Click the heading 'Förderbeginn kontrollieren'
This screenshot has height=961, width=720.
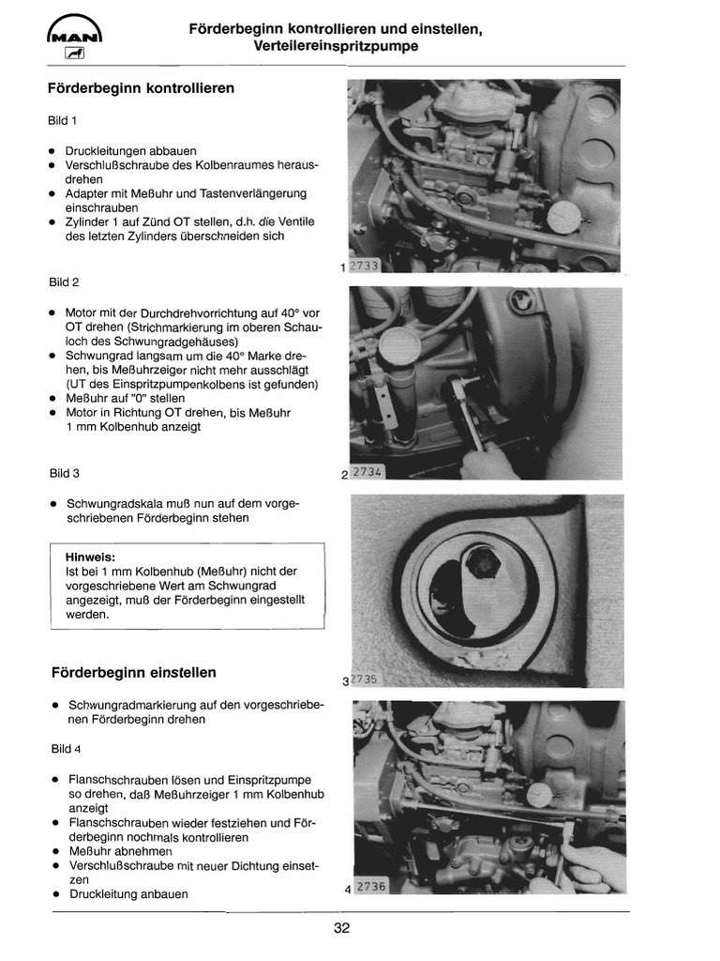pyautogui.click(x=141, y=88)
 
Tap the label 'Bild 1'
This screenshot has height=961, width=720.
pyautogui.click(x=64, y=120)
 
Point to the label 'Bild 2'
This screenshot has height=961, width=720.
pyautogui.click(x=64, y=282)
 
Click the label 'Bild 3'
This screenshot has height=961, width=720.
pyautogui.click(x=64, y=473)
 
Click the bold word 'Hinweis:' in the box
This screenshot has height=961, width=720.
pyautogui.click(x=90, y=556)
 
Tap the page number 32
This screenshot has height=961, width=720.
pyautogui.click(x=341, y=929)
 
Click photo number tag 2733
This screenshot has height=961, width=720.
pyautogui.click(x=365, y=267)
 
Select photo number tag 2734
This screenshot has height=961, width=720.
pyautogui.click(x=368, y=472)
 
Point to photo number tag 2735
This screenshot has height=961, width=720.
pyautogui.click(x=365, y=679)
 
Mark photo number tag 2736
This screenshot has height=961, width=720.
pyautogui.click(x=370, y=886)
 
